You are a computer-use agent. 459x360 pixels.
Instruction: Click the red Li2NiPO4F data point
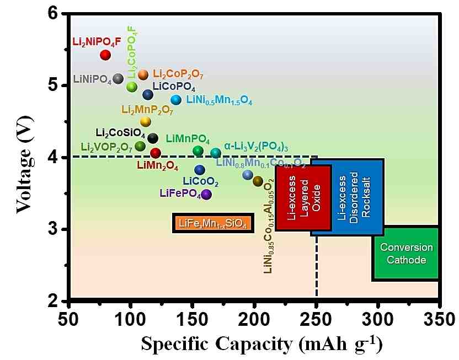(x=105, y=55)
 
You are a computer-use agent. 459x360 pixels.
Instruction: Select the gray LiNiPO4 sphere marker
(x=118, y=78)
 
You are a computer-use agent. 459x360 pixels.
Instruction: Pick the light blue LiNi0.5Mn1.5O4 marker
(x=176, y=100)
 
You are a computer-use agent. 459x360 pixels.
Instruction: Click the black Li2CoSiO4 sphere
(x=153, y=138)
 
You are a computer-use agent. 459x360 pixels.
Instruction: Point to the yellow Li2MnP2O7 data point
(x=146, y=121)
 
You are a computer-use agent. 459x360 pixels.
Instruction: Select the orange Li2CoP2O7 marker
(x=143, y=74)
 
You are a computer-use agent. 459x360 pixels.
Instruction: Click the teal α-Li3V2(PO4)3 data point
(x=216, y=153)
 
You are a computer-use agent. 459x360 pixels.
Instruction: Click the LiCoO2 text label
(x=200, y=182)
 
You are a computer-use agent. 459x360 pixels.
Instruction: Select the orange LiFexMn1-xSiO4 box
(x=212, y=223)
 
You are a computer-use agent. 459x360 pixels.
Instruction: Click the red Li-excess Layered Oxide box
(x=303, y=197)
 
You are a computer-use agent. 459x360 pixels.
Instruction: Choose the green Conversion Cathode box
(x=406, y=254)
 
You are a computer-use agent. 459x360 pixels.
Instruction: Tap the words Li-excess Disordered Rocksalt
(x=348, y=197)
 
